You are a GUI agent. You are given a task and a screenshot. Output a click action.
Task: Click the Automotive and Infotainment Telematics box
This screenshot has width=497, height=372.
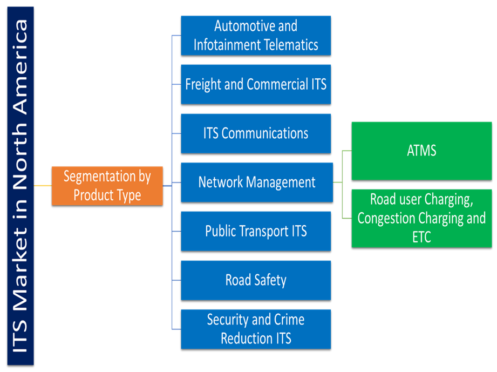pos(255,35)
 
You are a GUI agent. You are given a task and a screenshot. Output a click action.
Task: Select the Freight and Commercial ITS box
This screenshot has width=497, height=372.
pos(255,84)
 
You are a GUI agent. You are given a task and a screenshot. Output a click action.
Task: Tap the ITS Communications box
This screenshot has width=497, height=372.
pos(255,133)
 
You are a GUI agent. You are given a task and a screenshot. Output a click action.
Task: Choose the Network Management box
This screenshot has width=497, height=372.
pos(256,182)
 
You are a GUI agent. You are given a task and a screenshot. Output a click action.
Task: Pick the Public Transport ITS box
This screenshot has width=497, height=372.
pos(255,231)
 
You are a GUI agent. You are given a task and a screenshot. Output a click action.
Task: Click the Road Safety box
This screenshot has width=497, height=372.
pos(255,280)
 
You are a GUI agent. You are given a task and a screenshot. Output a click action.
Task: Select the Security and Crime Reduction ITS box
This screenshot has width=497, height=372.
pos(255,329)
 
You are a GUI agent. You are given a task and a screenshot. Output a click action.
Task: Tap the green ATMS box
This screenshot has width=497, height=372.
pos(421,151)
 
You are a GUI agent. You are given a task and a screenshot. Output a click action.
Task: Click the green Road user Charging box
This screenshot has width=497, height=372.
pos(421,218)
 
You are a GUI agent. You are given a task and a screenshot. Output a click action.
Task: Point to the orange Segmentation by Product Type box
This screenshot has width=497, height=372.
pos(107,186)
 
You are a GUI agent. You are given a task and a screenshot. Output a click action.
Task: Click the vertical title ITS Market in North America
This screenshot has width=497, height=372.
pos(21,186)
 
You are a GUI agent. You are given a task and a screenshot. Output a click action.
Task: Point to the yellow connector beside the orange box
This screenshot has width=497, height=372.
pos(43,186)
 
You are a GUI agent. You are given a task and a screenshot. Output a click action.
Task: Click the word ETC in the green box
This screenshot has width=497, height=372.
pos(421,236)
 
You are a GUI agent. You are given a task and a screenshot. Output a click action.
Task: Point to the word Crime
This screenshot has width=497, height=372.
pos(287,320)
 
